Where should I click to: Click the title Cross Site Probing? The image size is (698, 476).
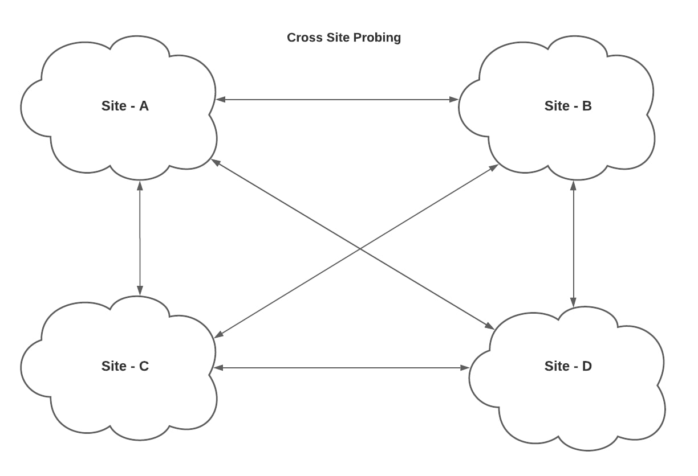344,38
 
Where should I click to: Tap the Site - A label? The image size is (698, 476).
125,106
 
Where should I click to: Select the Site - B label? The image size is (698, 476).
568,106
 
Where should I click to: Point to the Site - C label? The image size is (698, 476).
125,366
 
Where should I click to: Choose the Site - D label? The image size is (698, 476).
568,366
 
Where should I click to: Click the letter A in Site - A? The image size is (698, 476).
144,106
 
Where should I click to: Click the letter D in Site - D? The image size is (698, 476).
587,366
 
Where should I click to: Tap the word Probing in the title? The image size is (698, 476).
377,38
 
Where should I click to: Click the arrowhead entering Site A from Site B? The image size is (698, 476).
220,100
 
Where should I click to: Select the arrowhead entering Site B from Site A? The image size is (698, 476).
454,100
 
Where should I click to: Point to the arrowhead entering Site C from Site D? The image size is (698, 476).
218,368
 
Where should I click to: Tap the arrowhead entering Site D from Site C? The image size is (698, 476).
465,368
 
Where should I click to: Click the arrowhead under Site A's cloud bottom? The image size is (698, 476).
140,186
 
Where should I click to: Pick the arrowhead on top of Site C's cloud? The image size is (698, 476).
140,290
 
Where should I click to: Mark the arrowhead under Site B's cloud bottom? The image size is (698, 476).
573,186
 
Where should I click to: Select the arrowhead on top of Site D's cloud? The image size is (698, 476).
573,302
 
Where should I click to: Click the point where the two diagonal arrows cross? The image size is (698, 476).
360,249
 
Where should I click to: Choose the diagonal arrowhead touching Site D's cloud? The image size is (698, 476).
489,326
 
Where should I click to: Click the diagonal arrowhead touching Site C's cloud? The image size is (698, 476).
219,334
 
